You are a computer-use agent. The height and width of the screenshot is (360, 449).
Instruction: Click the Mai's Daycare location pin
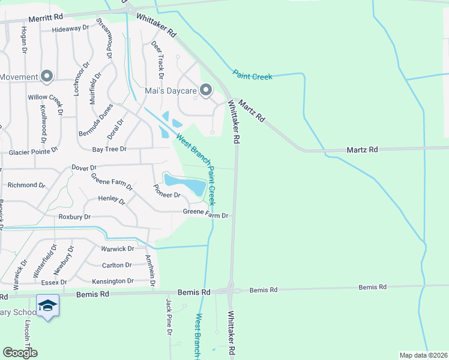point(206,91)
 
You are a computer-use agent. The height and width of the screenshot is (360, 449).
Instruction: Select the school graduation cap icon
point(47,306)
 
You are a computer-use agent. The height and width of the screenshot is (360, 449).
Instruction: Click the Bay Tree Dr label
point(109,149)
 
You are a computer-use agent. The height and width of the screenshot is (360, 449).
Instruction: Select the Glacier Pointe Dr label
point(33,153)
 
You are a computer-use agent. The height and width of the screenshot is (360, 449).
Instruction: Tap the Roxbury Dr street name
point(74,217)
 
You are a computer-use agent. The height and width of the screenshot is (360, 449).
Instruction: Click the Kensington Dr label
point(113,281)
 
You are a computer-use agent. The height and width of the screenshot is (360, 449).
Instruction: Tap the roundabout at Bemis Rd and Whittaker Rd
point(231,291)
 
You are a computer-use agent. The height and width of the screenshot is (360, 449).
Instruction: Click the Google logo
point(20,352)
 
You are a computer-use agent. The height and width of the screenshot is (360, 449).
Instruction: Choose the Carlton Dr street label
point(116,265)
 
